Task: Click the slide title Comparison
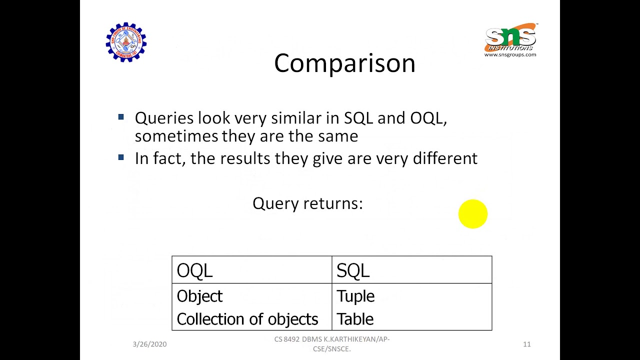pyautogui.click(x=344, y=63)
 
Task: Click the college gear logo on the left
pyautogui.click(x=126, y=42)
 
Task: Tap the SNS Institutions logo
pyautogui.click(x=510, y=37)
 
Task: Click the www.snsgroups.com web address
pyautogui.click(x=510, y=54)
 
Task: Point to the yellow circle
pyautogui.click(x=472, y=214)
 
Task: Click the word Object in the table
pyautogui.click(x=199, y=296)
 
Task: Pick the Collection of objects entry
pyautogui.click(x=247, y=319)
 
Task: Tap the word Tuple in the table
pyautogui.click(x=355, y=296)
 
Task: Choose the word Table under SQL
pyautogui.click(x=355, y=319)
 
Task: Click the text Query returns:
pyautogui.click(x=307, y=203)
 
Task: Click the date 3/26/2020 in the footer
pyautogui.click(x=149, y=344)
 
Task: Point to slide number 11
pyautogui.click(x=526, y=344)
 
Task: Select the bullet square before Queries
pyautogui.click(x=121, y=117)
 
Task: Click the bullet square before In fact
pyautogui.click(x=121, y=157)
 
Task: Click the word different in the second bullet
pyautogui.click(x=445, y=158)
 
